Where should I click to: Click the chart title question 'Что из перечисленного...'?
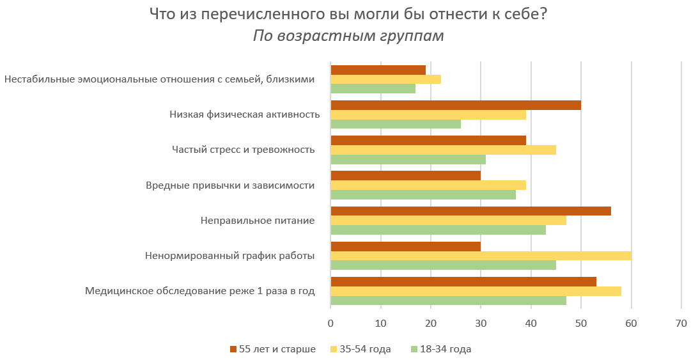tap(348, 14)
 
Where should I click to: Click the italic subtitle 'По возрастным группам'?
tap(348, 36)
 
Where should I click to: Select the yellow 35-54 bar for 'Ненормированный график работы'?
tap(481, 256)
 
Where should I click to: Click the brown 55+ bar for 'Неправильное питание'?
tap(470, 211)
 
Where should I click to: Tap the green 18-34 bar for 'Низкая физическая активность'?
tap(395, 124)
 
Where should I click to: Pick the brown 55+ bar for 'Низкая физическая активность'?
tap(455, 105)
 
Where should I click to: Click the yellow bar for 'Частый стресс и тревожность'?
tap(443, 150)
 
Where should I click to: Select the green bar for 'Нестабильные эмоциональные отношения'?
tap(373, 89)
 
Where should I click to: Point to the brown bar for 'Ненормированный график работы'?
tap(405, 246)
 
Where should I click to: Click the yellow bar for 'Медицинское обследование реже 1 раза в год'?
tap(476, 292)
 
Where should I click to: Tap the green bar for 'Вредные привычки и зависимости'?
tap(423, 195)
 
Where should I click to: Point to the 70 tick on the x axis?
tap(681, 324)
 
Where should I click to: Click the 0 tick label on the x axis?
tap(330, 324)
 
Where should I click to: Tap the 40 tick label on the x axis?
tap(531, 324)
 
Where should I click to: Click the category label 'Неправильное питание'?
tap(257, 221)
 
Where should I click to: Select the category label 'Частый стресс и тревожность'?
tap(243, 150)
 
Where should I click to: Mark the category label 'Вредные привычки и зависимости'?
tap(230, 185)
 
